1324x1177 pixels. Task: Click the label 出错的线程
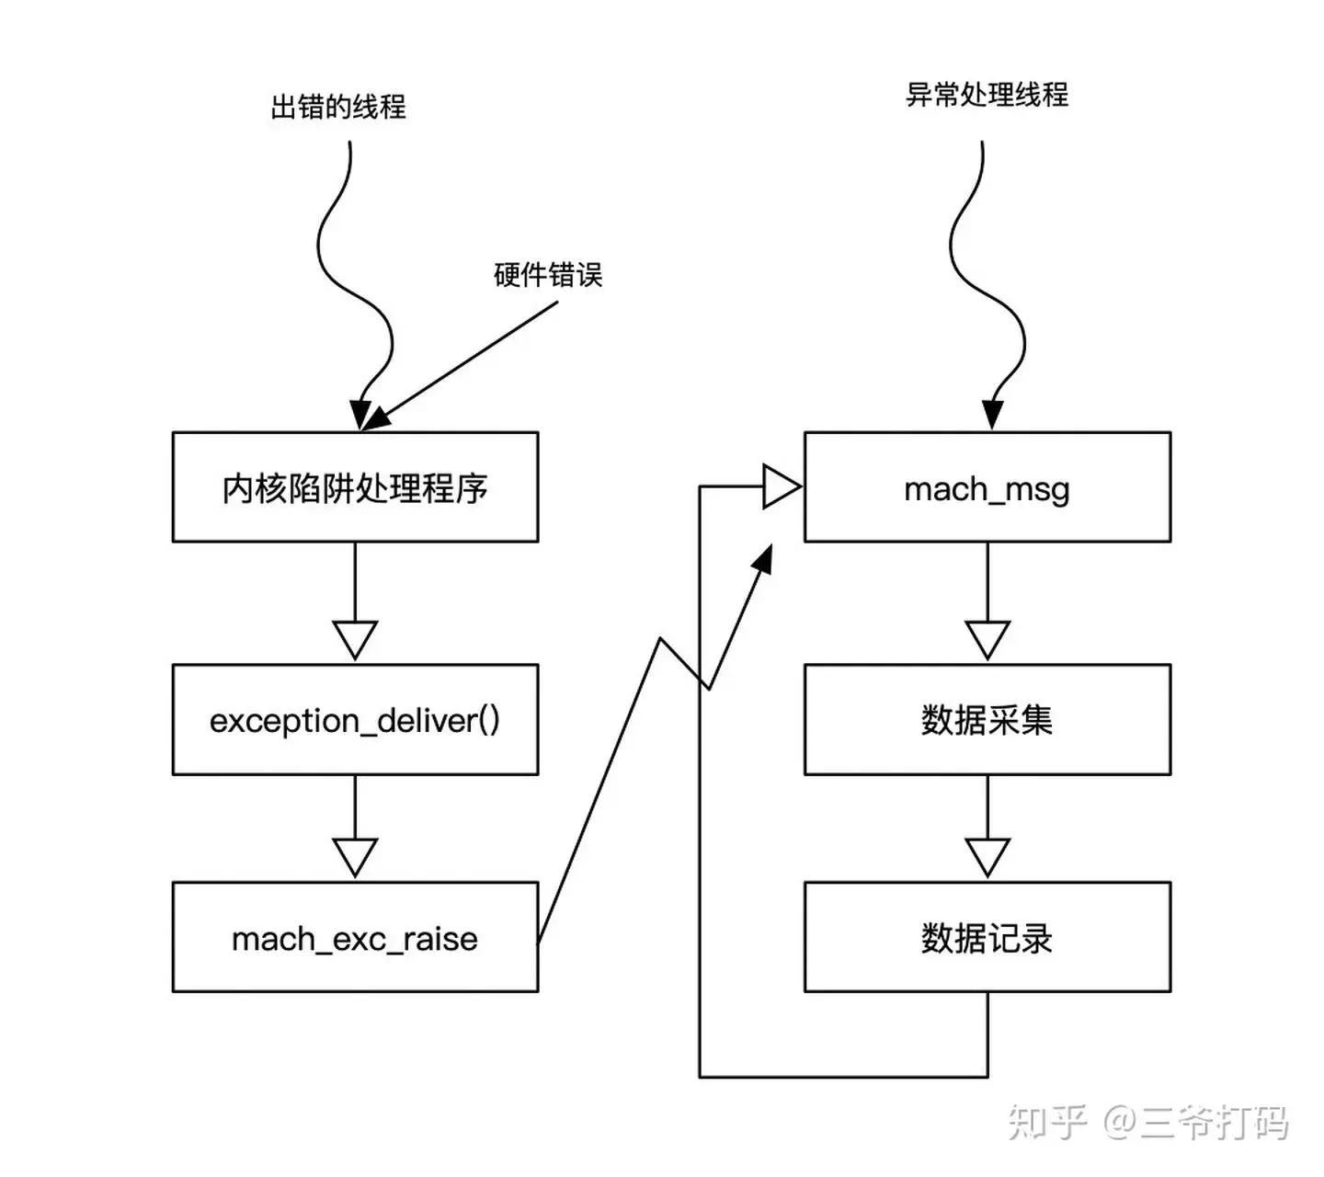coord(337,107)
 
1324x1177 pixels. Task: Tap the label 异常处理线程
coord(987,95)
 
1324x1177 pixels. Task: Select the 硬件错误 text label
coord(548,274)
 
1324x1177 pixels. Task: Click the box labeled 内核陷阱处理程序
coord(355,487)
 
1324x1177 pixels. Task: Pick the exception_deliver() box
coord(355,720)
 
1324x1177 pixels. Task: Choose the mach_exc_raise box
coord(355,938)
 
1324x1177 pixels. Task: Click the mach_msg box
coord(987,487)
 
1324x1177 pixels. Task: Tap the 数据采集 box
coord(987,720)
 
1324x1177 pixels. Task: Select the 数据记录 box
coord(987,938)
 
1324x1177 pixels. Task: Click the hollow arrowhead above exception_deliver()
coord(355,639)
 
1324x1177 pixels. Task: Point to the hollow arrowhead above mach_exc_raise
coord(355,856)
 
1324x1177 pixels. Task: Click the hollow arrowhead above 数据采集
coord(987,639)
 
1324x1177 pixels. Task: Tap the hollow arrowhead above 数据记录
coord(987,856)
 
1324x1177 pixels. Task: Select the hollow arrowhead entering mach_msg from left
coord(781,486)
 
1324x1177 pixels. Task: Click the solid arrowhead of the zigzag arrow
coord(761,559)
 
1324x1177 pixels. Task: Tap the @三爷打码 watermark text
coord(1195,1123)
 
